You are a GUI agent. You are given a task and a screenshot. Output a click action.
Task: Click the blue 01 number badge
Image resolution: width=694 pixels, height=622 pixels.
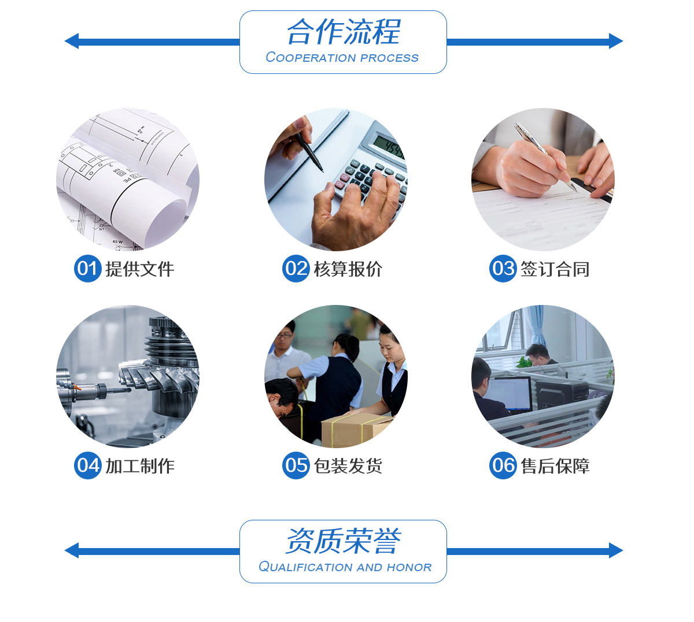pos(88,269)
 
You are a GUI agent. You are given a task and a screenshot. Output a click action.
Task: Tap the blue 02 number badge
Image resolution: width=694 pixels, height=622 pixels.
pos(296,269)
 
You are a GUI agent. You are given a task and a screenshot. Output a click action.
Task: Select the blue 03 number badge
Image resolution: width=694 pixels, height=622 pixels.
pos(503,269)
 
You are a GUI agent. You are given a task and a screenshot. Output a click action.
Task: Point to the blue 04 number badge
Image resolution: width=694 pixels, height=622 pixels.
pos(88,465)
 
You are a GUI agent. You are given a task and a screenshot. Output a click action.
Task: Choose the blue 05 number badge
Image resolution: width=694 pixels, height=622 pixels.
pos(296,465)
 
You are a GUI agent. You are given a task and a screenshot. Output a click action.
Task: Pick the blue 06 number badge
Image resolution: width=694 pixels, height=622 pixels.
pos(503,465)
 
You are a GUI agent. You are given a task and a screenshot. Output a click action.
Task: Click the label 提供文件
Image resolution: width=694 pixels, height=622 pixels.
pos(140,269)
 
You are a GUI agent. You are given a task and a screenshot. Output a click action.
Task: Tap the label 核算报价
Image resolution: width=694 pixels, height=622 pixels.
pos(348,269)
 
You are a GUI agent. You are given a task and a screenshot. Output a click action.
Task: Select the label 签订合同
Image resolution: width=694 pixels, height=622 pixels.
pos(555,269)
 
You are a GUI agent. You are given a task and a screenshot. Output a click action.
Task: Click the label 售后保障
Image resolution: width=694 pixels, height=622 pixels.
pos(555,465)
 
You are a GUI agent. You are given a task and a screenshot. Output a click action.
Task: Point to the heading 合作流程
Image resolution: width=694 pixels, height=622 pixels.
pos(344,32)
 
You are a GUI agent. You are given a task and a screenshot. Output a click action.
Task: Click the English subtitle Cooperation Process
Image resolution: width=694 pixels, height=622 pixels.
pos(342,58)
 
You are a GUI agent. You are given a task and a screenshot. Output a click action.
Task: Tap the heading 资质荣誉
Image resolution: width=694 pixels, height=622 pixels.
pos(343,541)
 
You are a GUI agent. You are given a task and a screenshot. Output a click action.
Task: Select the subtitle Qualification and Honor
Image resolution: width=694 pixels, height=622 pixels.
pos(345,567)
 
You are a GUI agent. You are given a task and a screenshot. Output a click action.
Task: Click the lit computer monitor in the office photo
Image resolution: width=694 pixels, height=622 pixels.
pos(508,393)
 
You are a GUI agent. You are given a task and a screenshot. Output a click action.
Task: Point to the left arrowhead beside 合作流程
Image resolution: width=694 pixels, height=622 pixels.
pos(72,41)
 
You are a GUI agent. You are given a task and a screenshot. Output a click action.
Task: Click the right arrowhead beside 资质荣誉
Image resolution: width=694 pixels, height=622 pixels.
pos(615,550)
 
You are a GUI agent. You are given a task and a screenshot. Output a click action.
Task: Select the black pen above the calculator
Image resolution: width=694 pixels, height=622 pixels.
pos(309,152)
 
